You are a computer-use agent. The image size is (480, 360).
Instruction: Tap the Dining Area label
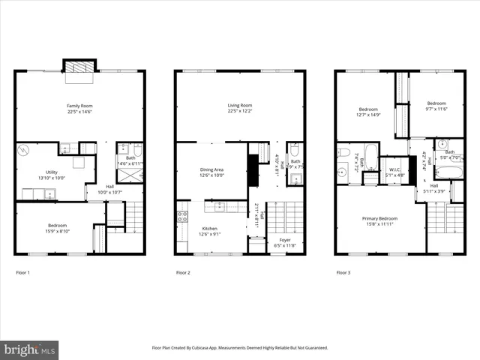click(x=212, y=170)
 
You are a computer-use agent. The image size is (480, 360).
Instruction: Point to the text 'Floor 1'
click(x=23, y=272)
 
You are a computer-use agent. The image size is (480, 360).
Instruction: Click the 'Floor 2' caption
click(x=184, y=272)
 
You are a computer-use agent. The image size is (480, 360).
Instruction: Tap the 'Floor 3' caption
click(x=343, y=272)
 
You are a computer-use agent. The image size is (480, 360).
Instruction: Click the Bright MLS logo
click(x=30, y=349)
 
